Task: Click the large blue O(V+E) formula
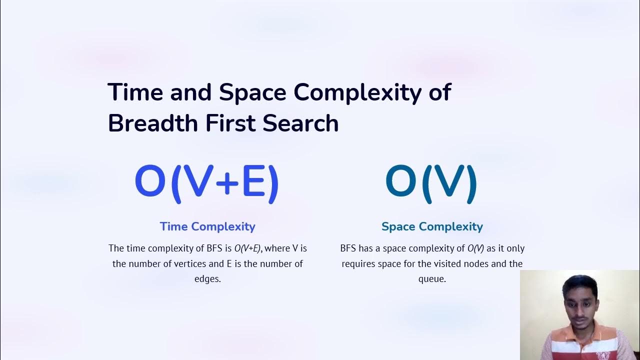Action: pyautogui.click(x=206, y=183)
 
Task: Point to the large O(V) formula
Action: pyautogui.click(x=431, y=183)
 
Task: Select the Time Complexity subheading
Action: pyautogui.click(x=207, y=226)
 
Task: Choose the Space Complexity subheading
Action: pyautogui.click(x=432, y=226)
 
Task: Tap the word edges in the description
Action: pyautogui.click(x=207, y=279)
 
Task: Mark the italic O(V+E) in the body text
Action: pyautogui.click(x=247, y=248)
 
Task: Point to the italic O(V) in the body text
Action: pyautogui.click(x=475, y=248)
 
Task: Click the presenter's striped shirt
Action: pyautogui.click(x=580, y=345)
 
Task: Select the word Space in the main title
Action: pyautogui.click(x=252, y=92)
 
